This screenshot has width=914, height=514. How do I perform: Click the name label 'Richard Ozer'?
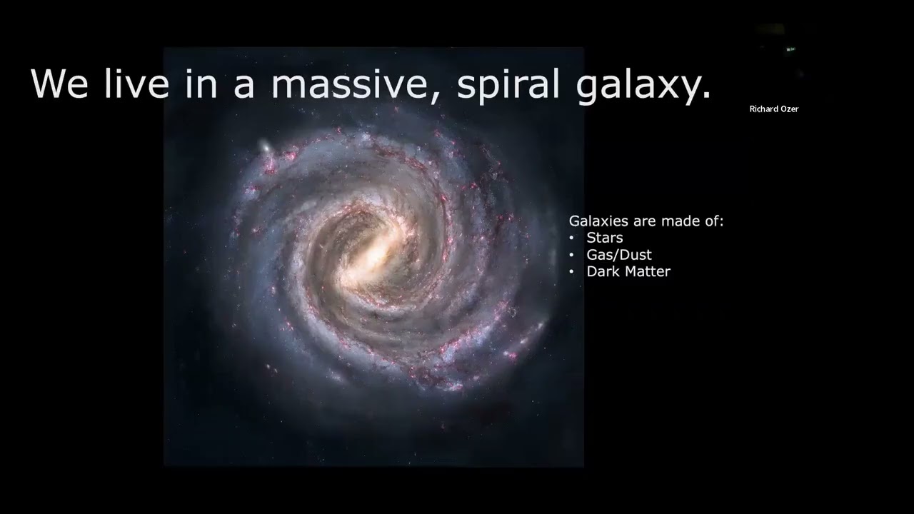pos(774,109)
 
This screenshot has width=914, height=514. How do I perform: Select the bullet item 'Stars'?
pos(605,238)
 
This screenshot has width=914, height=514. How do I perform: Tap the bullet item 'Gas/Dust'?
pos(619,255)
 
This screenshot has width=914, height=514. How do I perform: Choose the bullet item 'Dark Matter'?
pos(628,271)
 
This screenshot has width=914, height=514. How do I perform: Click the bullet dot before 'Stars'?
pos(572,238)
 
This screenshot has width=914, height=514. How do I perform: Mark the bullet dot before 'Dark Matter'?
pos(572,272)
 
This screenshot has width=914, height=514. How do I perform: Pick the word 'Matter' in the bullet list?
pos(648,271)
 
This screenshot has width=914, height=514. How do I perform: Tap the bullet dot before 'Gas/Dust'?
pos(572,255)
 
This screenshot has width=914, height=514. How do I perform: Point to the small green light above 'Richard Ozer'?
pos(790,49)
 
